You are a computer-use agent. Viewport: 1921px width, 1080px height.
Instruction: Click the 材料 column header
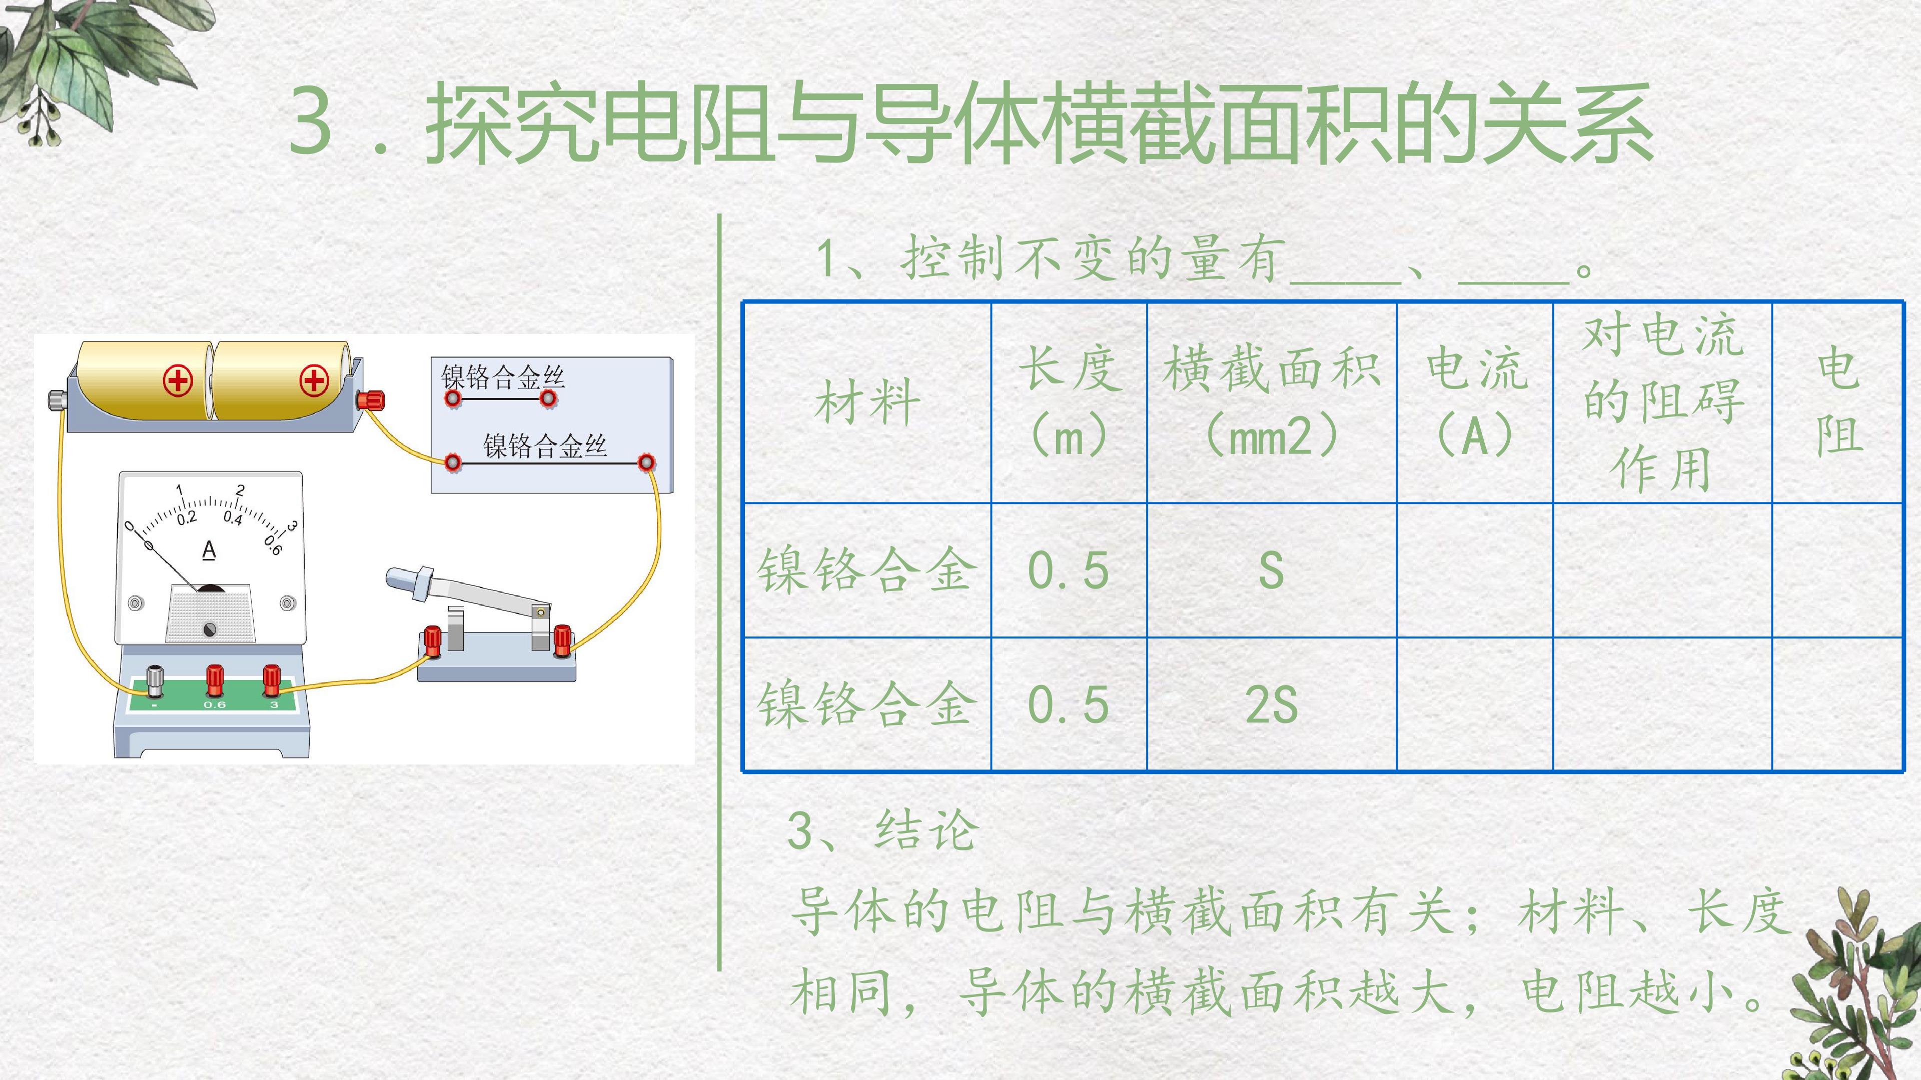pyautogui.click(x=867, y=402)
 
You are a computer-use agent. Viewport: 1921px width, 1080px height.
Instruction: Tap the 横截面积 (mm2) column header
pyautogui.click(x=1272, y=402)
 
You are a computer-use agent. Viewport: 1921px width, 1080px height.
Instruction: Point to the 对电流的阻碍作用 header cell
pyautogui.click(x=1662, y=402)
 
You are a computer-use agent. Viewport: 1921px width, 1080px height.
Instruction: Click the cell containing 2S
pyautogui.click(x=1272, y=704)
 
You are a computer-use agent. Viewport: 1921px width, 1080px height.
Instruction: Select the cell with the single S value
pyautogui.click(x=1272, y=571)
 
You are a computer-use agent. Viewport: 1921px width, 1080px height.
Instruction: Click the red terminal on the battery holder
pyautogui.click(x=371, y=399)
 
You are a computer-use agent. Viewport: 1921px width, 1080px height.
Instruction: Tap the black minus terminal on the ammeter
pyautogui.click(x=155, y=680)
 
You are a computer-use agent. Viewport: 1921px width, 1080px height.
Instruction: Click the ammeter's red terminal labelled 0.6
pyautogui.click(x=215, y=680)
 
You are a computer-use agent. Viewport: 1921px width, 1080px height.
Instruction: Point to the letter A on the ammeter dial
pyautogui.click(x=209, y=550)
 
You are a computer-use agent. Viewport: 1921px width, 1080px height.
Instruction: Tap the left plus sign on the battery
pyautogui.click(x=178, y=381)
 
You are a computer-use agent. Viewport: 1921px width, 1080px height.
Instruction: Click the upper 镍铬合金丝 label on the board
pyautogui.click(x=503, y=377)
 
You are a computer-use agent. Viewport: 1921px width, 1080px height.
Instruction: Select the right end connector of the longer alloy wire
pyautogui.click(x=646, y=463)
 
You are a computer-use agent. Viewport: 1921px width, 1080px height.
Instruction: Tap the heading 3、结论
pyautogui.click(x=882, y=830)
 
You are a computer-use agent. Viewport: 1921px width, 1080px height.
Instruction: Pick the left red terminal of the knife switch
pyautogui.click(x=432, y=641)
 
